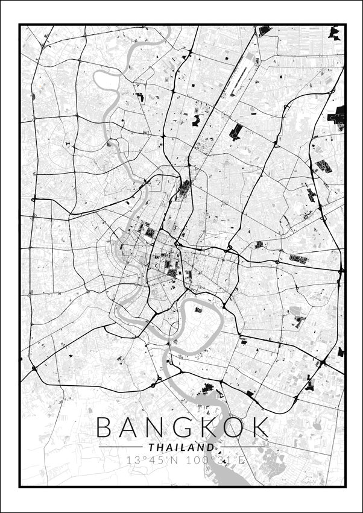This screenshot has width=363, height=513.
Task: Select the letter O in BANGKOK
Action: (233, 428)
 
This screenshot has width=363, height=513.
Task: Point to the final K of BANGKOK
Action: (259, 428)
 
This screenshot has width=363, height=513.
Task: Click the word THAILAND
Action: (181, 448)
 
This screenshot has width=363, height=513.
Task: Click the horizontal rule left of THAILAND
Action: (121, 448)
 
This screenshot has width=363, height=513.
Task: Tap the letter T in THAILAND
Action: (150, 448)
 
